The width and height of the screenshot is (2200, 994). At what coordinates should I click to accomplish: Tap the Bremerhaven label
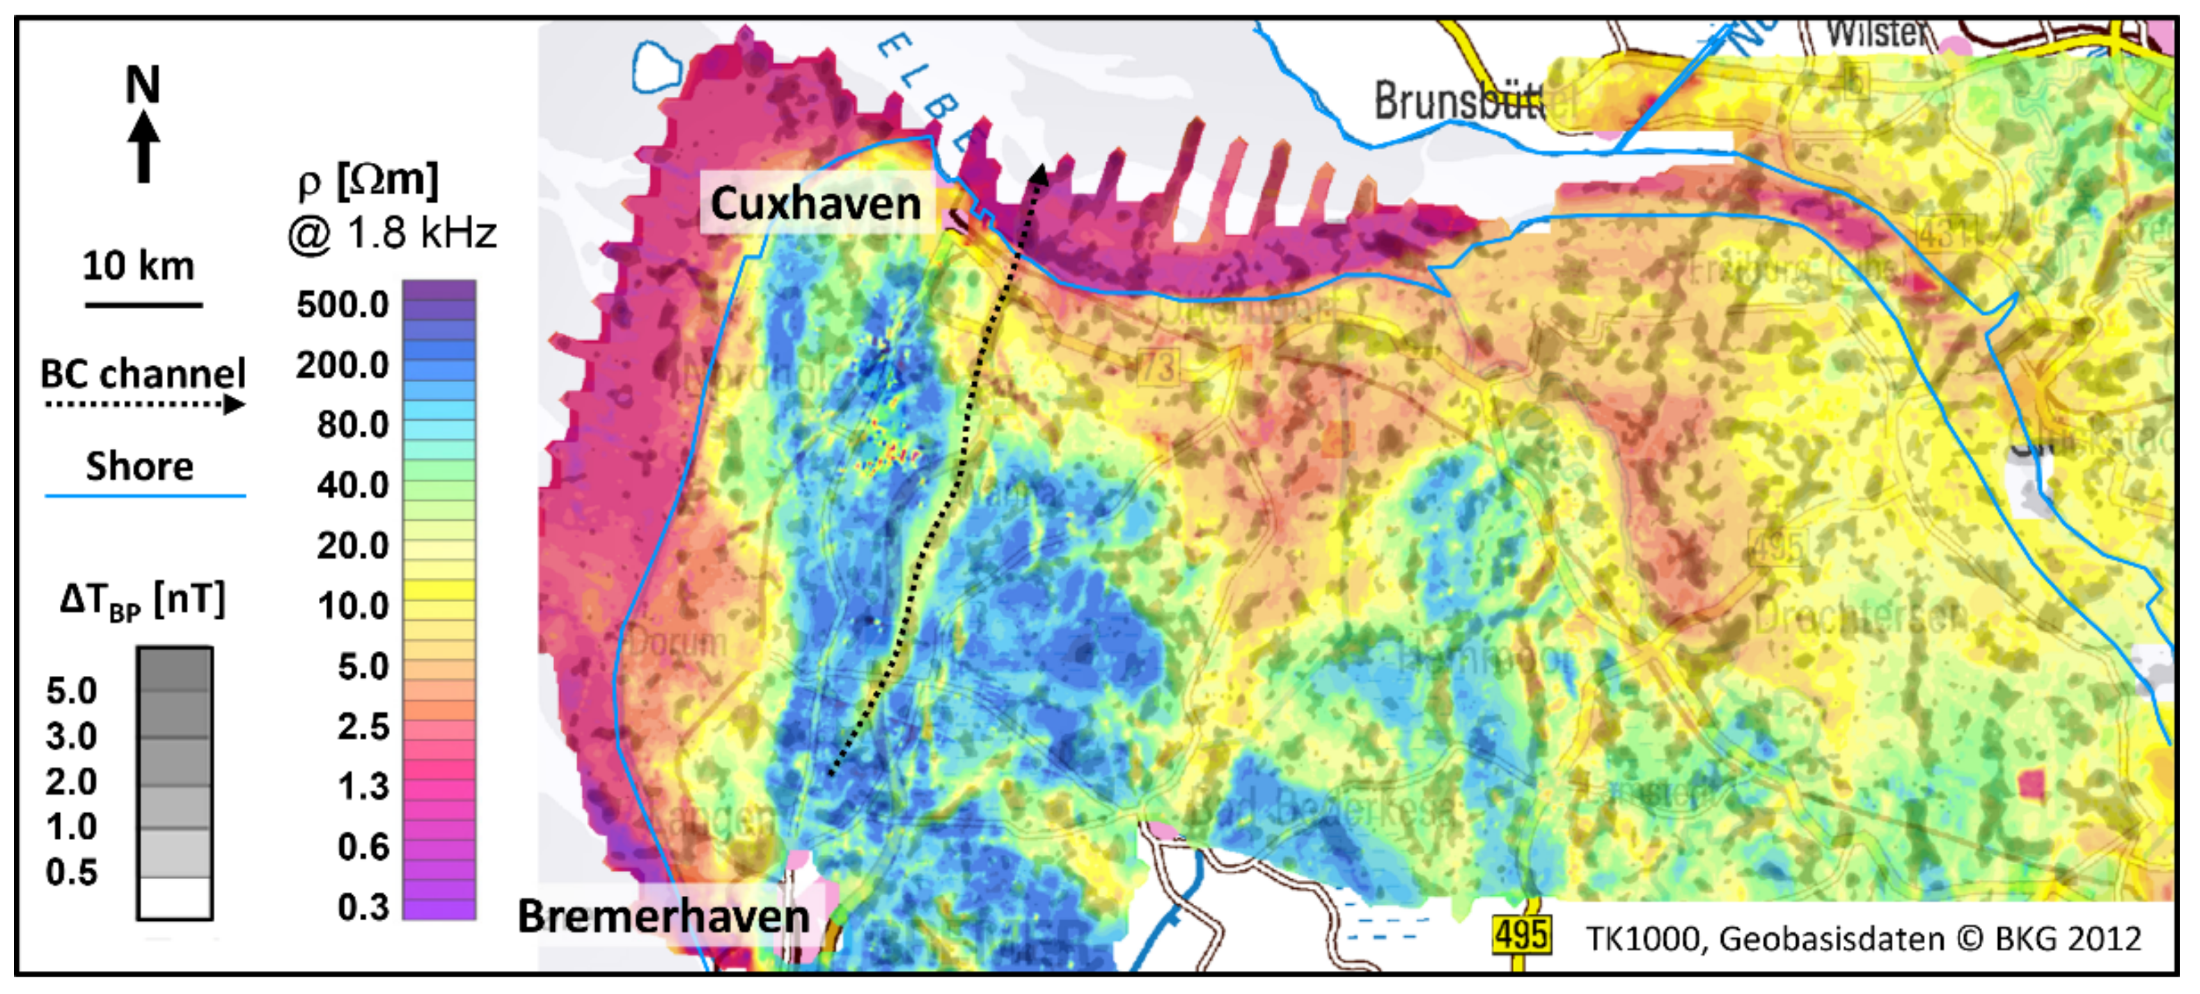click(663, 916)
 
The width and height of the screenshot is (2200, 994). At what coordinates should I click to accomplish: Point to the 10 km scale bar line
click(143, 304)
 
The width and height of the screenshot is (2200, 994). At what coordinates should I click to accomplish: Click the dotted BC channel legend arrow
click(143, 404)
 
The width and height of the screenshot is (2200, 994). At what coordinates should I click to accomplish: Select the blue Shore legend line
click(144, 494)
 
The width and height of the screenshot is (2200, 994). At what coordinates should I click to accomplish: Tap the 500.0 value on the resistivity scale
click(343, 304)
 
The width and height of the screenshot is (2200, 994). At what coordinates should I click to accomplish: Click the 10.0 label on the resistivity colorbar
click(353, 606)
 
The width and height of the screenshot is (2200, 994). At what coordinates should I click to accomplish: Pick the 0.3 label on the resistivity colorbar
click(362, 907)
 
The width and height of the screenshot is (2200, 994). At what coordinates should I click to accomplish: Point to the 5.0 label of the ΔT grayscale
click(71, 690)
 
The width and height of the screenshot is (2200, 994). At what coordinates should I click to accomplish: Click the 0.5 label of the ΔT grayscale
click(71, 872)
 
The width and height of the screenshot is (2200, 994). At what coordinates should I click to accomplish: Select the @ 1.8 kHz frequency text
click(392, 232)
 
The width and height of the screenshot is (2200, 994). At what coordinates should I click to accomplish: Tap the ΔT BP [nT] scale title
click(142, 599)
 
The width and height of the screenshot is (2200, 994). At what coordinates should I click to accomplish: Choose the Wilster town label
click(1876, 34)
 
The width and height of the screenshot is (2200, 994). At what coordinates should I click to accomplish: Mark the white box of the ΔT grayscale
click(174, 897)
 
